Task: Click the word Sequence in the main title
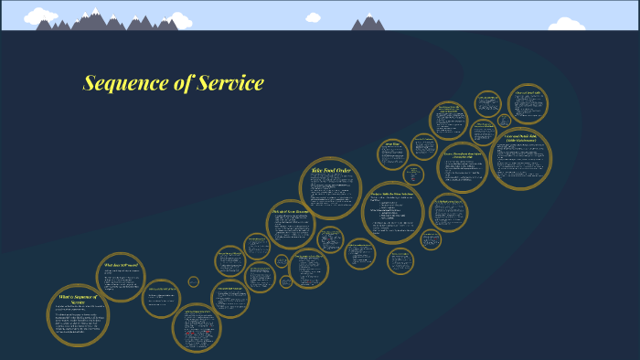(119, 84)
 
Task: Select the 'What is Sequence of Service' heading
(79, 300)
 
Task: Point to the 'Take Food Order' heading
(331, 170)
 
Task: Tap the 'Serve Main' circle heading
(393, 143)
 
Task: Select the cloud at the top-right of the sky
(566, 24)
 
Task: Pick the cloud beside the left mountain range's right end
(178, 20)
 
